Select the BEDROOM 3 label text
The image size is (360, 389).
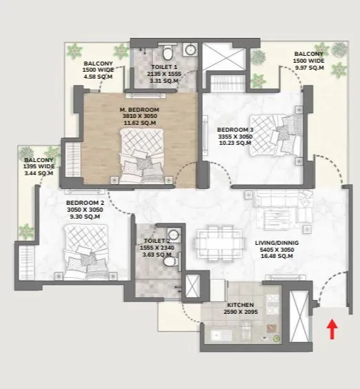coord(234,129)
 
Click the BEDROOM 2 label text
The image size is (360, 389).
coord(84,203)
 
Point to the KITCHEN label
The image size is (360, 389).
coord(241,304)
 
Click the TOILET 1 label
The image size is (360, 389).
coord(166,67)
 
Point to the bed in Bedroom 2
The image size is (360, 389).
coord(81,248)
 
